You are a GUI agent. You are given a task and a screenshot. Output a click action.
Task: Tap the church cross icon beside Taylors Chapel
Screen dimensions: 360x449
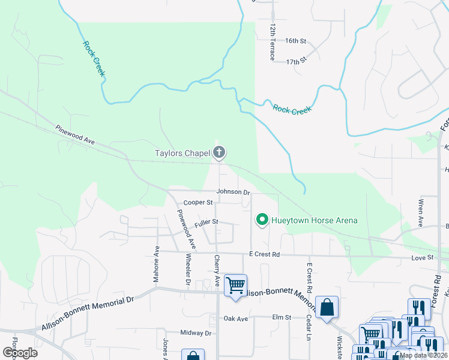219,153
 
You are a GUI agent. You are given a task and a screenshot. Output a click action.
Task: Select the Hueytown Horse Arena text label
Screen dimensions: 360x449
315,220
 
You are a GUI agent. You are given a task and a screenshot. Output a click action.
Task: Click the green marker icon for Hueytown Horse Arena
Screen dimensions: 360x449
262,220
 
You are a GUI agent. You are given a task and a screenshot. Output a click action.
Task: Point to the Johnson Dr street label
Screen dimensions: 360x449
233,192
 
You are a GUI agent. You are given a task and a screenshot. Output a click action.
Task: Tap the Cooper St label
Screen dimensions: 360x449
198,203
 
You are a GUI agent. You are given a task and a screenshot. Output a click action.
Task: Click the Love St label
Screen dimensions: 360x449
422,257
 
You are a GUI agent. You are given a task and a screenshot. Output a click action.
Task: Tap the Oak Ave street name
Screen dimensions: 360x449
235,319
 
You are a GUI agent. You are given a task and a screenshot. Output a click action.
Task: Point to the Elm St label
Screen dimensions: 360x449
281,317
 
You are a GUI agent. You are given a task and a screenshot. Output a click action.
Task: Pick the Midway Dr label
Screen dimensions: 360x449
196,332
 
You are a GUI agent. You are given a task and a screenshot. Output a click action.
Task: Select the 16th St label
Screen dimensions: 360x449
295,41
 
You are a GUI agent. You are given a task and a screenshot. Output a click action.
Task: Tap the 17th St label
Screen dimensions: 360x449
296,61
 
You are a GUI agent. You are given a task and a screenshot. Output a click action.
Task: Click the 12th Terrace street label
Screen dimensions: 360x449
273,42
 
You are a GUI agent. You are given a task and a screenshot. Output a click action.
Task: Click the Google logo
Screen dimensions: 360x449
20,352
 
